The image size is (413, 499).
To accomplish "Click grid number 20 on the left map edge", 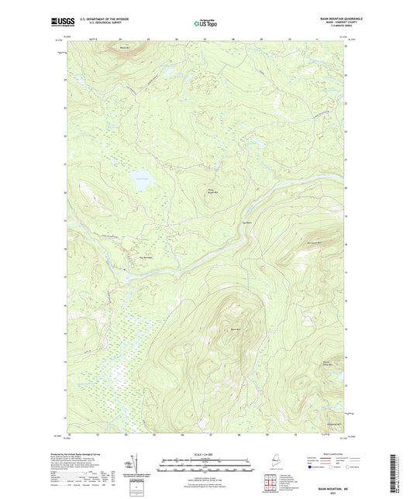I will (65, 192).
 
